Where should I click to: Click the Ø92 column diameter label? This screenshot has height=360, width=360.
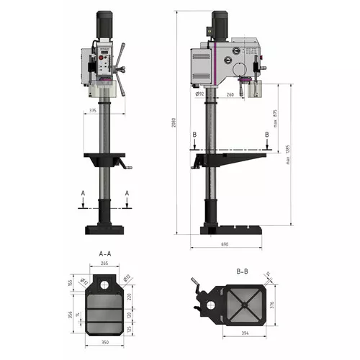pyautogui.click(x=199, y=94)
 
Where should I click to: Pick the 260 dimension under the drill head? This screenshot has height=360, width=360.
pyautogui.click(x=229, y=94)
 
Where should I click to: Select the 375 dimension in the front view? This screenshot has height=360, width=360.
pyautogui.click(x=94, y=110)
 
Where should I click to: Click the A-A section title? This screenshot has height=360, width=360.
pyautogui.click(x=104, y=253)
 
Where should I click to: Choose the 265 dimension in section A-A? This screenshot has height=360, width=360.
pyautogui.click(x=104, y=264)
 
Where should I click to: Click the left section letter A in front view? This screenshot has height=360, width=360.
pyautogui.click(x=84, y=194)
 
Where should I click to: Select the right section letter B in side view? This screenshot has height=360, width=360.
pyautogui.click(x=267, y=135)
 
